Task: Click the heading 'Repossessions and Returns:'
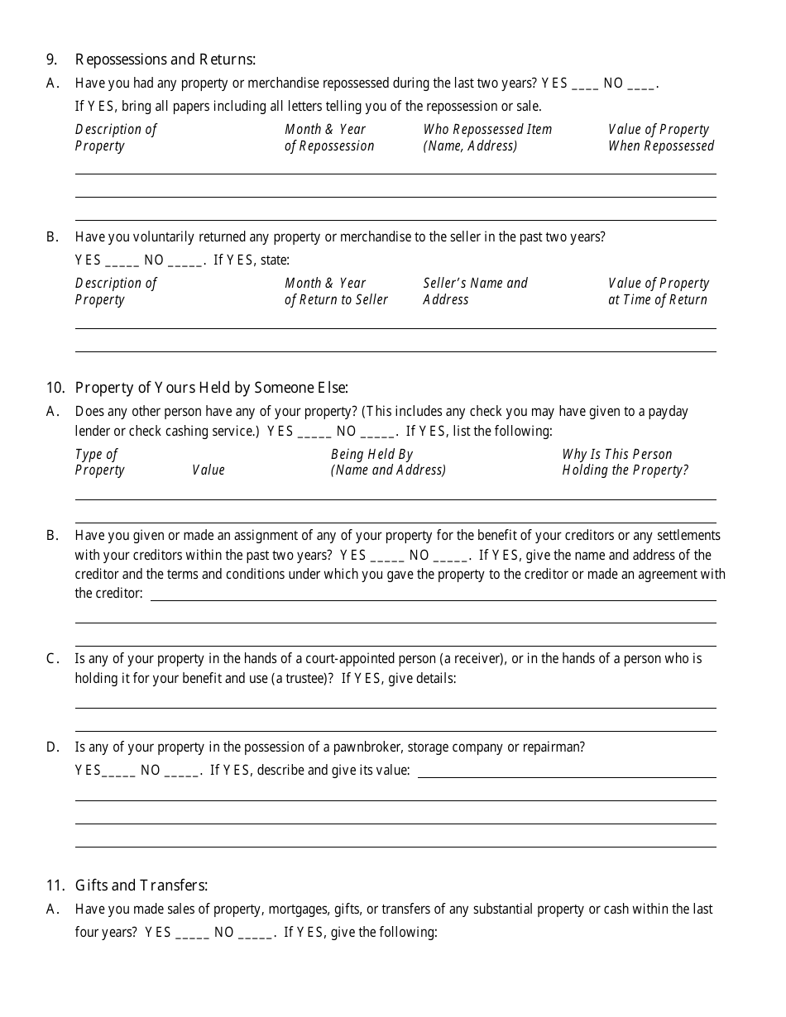pyautogui.click(x=165, y=60)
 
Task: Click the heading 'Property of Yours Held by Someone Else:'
pyautogui.click(x=212, y=388)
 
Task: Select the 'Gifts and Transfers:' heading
pyautogui.click(x=141, y=886)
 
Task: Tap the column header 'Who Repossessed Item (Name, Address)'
pyautogui.click(x=487, y=138)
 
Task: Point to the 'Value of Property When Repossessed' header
pyautogui.click(x=660, y=138)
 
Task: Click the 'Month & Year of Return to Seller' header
pyautogui.click(x=336, y=292)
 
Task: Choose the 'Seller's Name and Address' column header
pyautogui.click(x=475, y=292)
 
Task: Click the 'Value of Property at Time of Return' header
pyautogui.click(x=659, y=292)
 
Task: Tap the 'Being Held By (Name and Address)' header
pyautogui.click(x=388, y=462)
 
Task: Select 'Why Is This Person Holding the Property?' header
pyautogui.click(x=625, y=462)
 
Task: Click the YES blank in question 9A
pyautogui.click(x=584, y=84)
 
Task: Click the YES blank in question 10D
pyautogui.click(x=118, y=771)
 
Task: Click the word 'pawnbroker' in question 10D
pyautogui.click(x=366, y=747)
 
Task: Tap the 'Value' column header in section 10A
pyautogui.click(x=208, y=470)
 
